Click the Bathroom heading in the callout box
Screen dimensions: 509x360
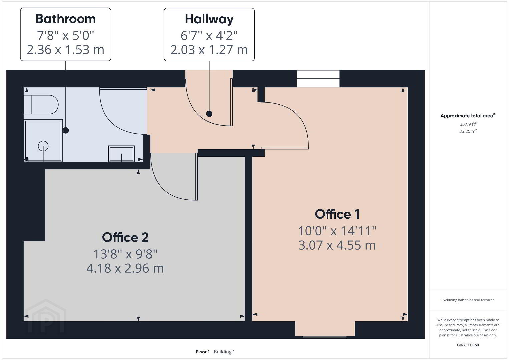[x=65, y=19]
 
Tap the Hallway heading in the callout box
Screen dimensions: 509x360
[x=209, y=19]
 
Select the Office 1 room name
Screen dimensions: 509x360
[x=337, y=214]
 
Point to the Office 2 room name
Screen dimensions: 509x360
[x=125, y=237]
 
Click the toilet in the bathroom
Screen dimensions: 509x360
[x=41, y=104]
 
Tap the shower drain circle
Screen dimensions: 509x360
[x=43, y=146]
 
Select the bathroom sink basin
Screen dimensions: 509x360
[x=121, y=154]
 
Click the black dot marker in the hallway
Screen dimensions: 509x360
[x=209, y=114]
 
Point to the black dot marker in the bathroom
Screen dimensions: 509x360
[x=66, y=130]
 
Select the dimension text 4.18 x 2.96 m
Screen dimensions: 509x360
[x=125, y=268]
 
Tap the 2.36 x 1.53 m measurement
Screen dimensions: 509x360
[x=65, y=50]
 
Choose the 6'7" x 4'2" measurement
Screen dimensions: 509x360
[x=209, y=36]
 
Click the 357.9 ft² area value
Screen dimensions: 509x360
[x=468, y=124]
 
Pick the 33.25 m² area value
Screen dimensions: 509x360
[x=468, y=131]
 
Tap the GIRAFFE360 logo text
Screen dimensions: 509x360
[x=468, y=345]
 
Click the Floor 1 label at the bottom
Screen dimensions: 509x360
[x=203, y=352]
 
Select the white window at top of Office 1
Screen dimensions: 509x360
[x=318, y=79]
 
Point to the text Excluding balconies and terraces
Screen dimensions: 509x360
[x=468, y=300]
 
